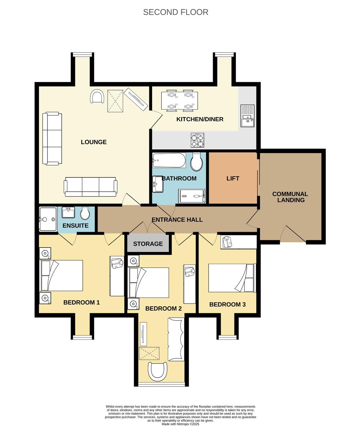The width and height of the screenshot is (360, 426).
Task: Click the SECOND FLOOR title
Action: [x=176, y=12]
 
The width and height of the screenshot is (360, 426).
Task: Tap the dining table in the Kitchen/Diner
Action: [x=179, y=100]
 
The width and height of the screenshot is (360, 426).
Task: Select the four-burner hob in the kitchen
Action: [x=197, y=140]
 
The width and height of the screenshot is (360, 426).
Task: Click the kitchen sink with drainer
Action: [x=247, y=116]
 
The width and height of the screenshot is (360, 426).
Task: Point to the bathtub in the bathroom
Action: [x=169, y=160]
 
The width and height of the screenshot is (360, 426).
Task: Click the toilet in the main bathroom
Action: [x=197, y=162]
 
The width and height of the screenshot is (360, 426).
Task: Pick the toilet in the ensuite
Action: [x=85, y=213]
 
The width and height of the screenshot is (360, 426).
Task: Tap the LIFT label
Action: [x=233, y=178]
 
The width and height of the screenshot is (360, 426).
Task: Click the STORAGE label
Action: [x=148, y=244]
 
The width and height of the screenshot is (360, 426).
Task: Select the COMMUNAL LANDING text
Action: [x=290, y=197]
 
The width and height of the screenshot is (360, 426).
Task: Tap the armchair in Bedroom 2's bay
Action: [x=157, y=372]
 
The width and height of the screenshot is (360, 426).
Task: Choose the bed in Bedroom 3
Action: [x=232, y=278]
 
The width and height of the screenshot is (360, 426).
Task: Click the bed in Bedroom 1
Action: [x=61, y=275]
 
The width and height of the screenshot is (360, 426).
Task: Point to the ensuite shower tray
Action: [x=48, y=219]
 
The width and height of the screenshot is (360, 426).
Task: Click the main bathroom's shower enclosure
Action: [x=192, y=196]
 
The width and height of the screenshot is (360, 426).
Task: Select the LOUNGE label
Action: [x=94, y=142]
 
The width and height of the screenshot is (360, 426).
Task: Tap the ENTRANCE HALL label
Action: [x=177, y=220]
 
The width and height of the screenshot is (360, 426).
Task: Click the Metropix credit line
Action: [x=181, y=424]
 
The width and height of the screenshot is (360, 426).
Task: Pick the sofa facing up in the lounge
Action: [x=90, y=187]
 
